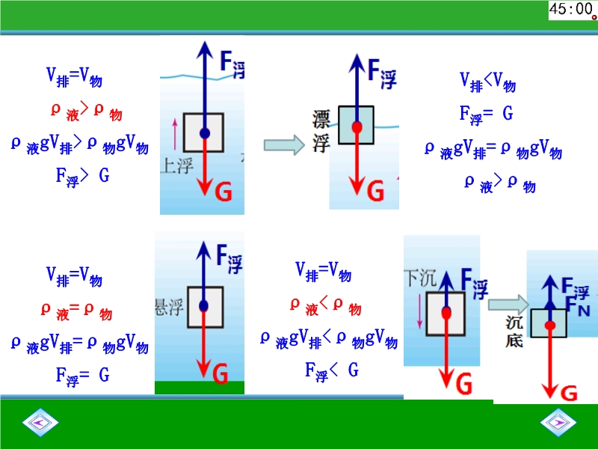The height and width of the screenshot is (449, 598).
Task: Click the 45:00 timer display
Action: (571, 10)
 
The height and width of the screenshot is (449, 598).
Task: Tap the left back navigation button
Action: (40, 422)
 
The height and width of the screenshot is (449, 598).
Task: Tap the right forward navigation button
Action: (558, 422)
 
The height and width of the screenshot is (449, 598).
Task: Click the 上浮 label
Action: (176, 165)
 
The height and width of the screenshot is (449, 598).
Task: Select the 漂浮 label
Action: (321, 132)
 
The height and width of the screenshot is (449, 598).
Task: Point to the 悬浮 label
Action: (169, 307)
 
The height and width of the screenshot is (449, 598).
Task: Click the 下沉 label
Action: (420, 278)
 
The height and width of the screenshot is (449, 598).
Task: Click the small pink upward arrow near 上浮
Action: (175, 134)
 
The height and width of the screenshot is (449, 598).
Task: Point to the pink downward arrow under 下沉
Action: (419, 311)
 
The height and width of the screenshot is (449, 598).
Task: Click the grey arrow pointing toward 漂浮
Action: (285, 145)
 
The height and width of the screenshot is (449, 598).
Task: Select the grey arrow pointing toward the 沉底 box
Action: (508, 305)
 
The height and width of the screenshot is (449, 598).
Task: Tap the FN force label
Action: (577, 306)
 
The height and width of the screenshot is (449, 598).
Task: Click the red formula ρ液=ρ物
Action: (77, 311)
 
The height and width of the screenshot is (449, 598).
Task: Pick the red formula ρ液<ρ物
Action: (326, 307)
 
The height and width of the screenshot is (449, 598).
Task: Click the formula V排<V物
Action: (488, 82)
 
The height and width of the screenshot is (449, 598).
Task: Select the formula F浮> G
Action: (83, 177)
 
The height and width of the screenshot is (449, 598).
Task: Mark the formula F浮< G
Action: (332, 372)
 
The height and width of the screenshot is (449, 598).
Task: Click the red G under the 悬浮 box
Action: (220, 373)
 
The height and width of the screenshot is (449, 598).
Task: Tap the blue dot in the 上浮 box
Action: (205, 133)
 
